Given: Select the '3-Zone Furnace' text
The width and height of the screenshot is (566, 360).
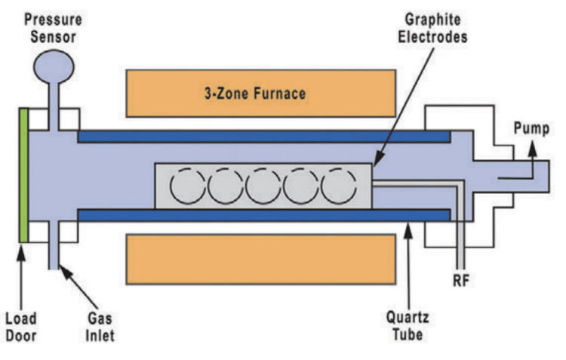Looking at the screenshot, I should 260,94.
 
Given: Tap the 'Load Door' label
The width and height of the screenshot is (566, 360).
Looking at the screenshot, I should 23,326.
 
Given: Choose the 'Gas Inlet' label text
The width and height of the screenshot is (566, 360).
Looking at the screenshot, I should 94,326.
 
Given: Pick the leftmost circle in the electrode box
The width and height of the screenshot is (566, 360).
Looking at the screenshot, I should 189,185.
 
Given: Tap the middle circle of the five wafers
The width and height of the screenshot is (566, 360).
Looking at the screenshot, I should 263,185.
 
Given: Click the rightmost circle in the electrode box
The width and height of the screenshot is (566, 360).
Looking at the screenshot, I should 338,185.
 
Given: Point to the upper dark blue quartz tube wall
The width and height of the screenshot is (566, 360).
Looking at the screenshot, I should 264,137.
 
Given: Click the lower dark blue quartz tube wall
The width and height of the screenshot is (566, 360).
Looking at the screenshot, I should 264,214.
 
